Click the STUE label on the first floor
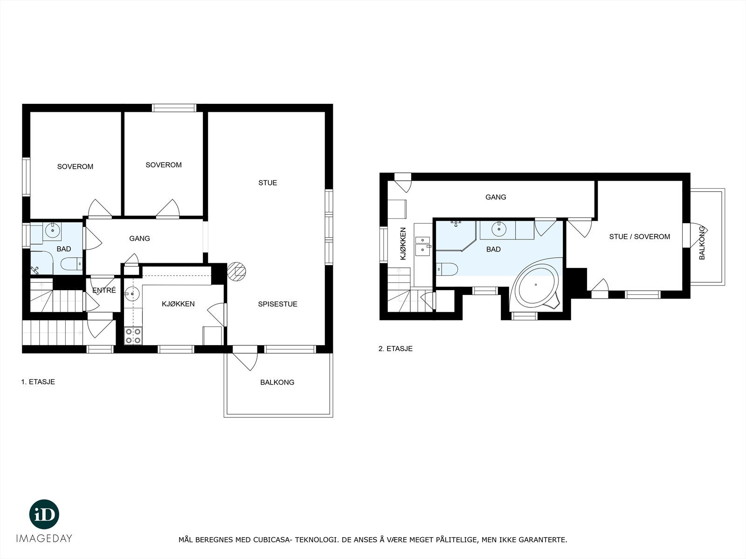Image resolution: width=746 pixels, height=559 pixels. [268, 183]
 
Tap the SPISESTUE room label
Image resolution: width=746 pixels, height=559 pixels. [277, 304]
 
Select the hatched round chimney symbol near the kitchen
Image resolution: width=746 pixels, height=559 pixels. [237, 271]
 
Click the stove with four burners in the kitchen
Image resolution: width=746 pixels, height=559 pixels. [133, 336]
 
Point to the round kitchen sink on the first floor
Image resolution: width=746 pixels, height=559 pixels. [132, 294]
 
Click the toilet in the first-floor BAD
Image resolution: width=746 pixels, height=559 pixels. [71, 264]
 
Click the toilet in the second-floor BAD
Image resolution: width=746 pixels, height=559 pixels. [448, 269]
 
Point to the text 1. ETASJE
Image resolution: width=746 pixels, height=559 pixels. [38, 382]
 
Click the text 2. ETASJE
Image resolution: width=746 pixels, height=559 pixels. [395, 348]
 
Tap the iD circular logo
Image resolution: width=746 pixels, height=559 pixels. [44, 514]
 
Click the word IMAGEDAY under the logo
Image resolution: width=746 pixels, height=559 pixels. [44, 539]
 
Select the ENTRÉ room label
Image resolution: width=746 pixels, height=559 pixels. [104, 291]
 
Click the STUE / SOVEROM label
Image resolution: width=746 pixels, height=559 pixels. [639, 237]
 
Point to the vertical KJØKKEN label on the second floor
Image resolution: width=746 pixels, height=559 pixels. [403, 243]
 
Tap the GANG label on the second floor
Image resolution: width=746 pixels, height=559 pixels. [496, 197]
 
